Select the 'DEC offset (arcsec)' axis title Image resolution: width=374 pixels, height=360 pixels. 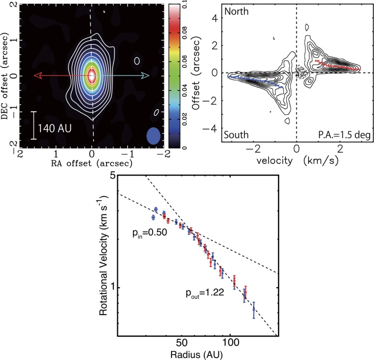(x=6, y=76)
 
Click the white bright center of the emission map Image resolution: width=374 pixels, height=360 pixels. (x=92, y=76)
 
